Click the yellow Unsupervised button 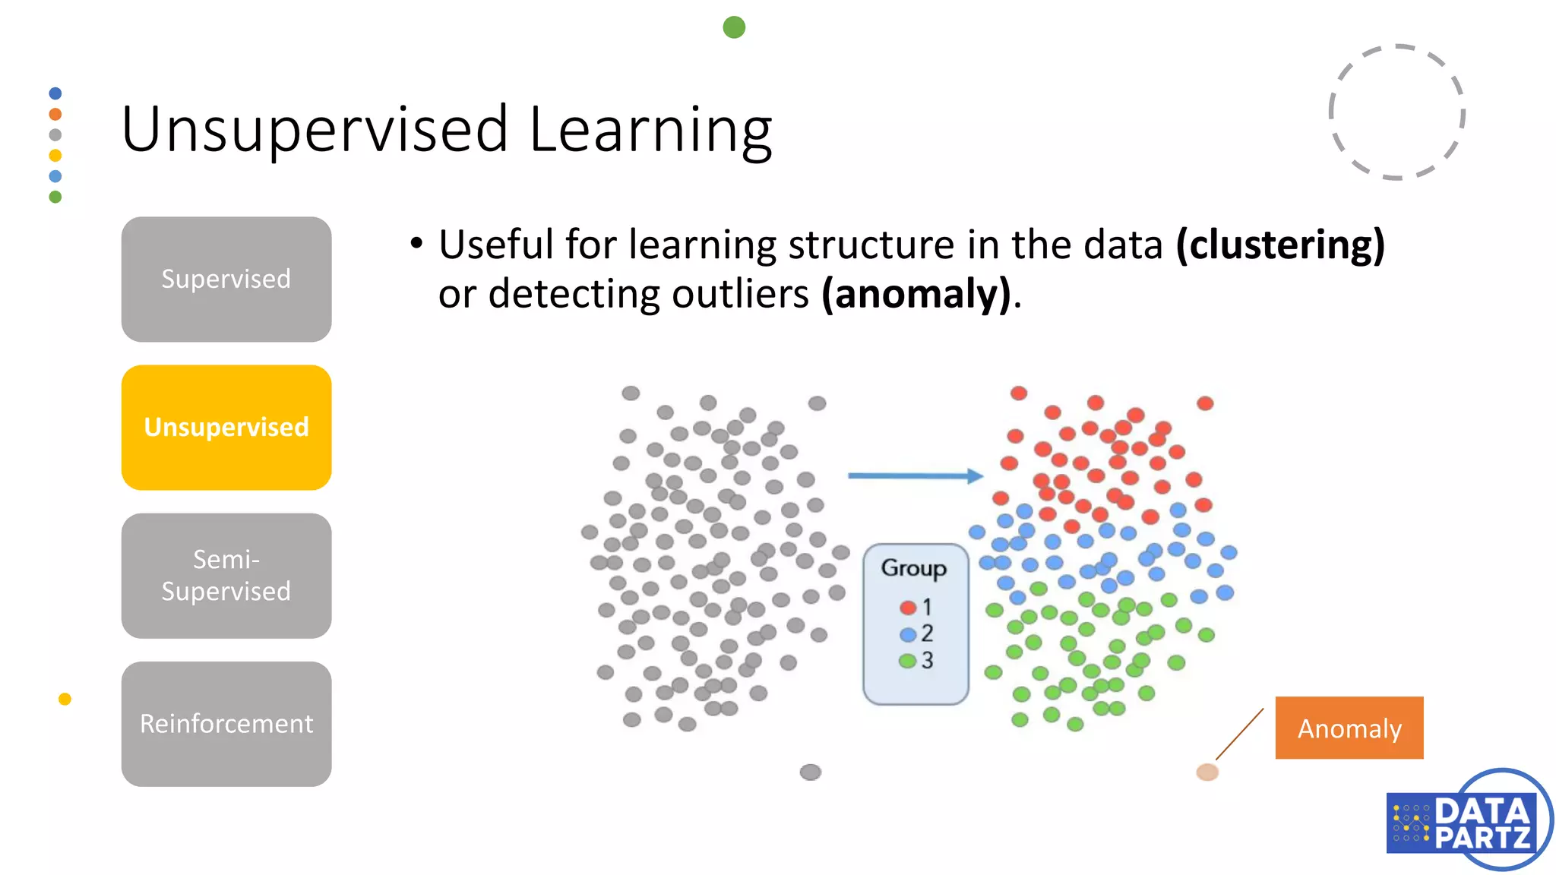click(x=226, y=427)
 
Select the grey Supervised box click(x=226, y=279)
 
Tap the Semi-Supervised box click(x=226, y=575)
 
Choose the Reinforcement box click(x=226, y=723)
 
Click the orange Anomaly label click(x=1349, y=728)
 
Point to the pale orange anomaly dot click(x=1207, y=772)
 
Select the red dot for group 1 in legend click(x=907, y=607)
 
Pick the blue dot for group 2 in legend click(x=907, y=633)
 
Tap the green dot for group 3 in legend click(x=907, y=660)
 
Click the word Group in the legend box click(x=913, y=568)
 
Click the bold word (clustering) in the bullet click(x=1280, y=245)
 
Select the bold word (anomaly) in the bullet click(x=917, y=295)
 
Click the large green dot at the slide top click(x=734, y=27)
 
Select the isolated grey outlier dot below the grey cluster click(x=811, y=772)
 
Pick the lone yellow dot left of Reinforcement click(x=65, y=699)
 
